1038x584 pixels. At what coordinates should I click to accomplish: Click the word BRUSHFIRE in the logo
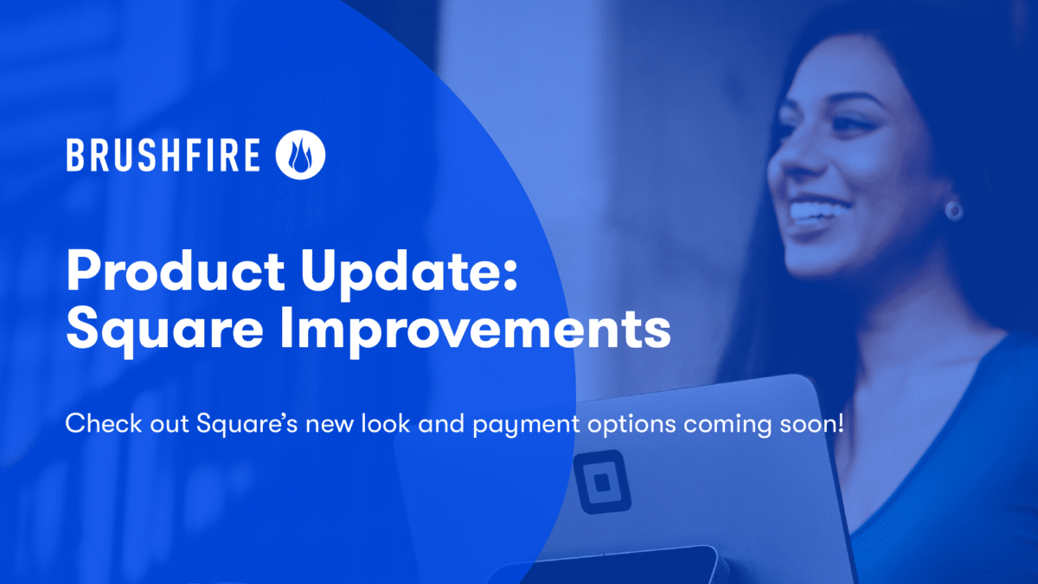(163, 157)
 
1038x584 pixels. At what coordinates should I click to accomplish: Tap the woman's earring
(953, 209)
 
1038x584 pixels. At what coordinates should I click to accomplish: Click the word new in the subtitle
(309, 426)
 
